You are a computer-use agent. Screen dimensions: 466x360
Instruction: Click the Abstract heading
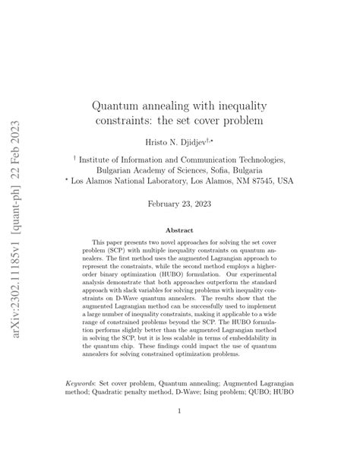tap(179, 230)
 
